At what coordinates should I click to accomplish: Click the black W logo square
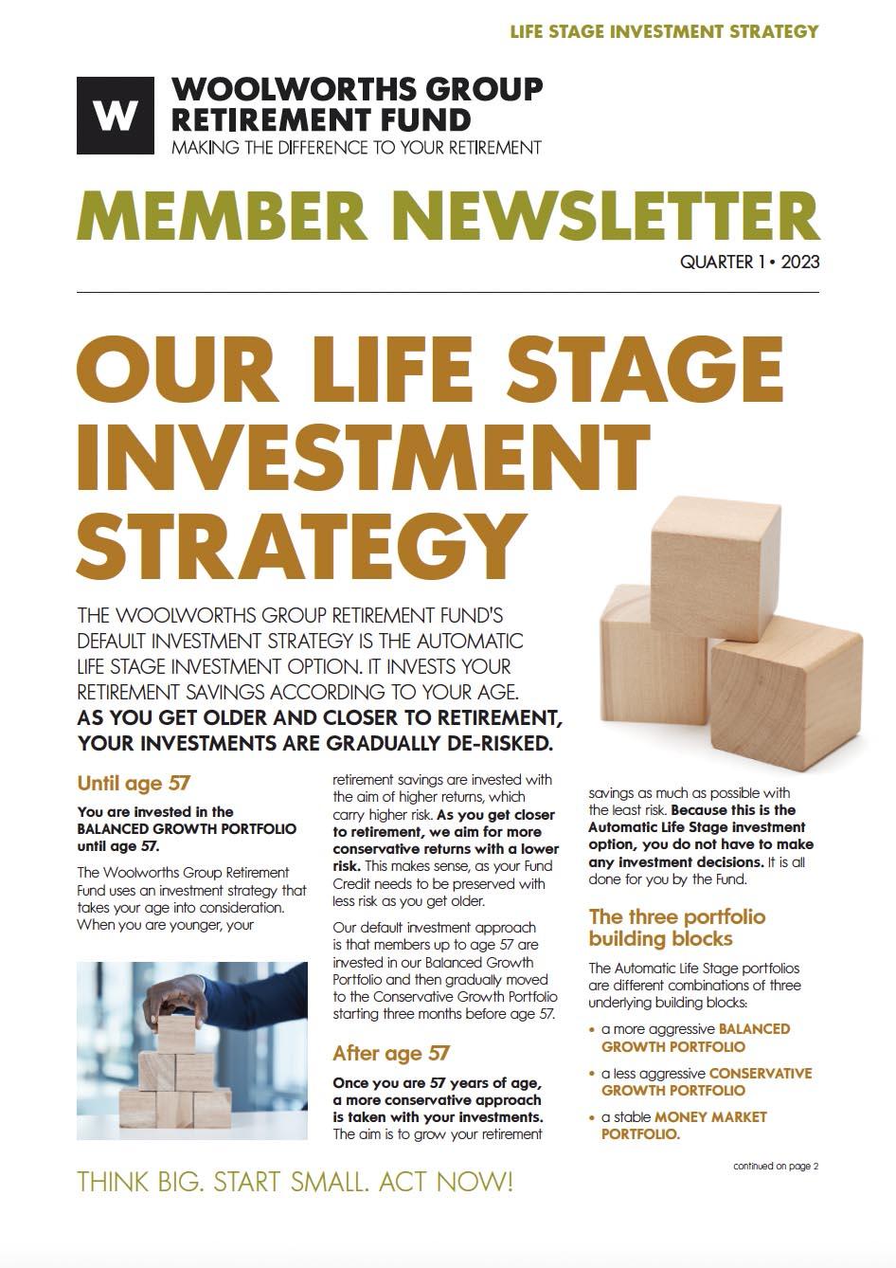115,116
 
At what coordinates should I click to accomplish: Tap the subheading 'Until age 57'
134,783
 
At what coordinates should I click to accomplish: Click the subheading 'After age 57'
390,1053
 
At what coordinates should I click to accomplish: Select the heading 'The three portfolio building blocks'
676,927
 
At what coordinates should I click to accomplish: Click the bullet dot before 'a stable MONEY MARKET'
593,1118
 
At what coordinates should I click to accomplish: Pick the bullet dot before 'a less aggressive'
593,1075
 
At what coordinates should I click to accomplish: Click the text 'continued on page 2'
775,1166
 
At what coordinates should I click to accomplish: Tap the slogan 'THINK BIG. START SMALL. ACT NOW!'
295,1182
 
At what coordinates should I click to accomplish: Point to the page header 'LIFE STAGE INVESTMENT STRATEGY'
663,31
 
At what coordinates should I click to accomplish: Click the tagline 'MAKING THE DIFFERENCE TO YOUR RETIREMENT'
356,148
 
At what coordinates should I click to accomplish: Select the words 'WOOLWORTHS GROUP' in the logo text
357,90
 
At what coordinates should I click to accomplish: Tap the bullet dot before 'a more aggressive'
593,1030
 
